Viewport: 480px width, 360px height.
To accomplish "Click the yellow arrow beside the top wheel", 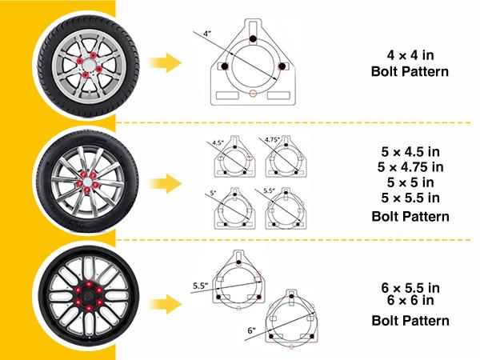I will coord(166,62).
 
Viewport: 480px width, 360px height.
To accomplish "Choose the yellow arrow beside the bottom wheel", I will coord(166,303).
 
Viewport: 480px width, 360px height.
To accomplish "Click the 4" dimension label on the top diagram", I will coord(206,34).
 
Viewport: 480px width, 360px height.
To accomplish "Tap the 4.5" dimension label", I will coord(217,143).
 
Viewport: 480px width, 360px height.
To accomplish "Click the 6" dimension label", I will coord(250,328).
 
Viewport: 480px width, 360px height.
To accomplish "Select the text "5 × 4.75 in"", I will coord(413,166).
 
